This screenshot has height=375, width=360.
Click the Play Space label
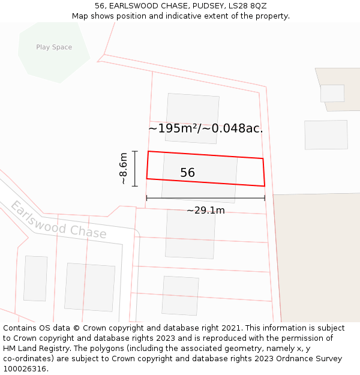click(54, 47)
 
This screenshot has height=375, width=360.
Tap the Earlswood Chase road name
click(58, 221)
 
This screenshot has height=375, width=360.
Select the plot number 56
click(187, 173)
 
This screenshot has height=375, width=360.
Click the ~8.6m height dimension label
click(123, 169)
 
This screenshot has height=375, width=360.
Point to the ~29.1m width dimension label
click(205, 211)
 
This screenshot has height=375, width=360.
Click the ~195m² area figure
click(173, 128)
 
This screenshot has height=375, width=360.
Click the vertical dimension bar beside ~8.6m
click(135, 169)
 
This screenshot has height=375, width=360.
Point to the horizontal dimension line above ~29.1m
click(205, 198)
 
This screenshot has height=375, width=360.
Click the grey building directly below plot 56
click(190, 234)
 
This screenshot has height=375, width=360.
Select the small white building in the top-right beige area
click(332, 93)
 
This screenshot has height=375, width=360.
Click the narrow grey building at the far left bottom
click(35, 278)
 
